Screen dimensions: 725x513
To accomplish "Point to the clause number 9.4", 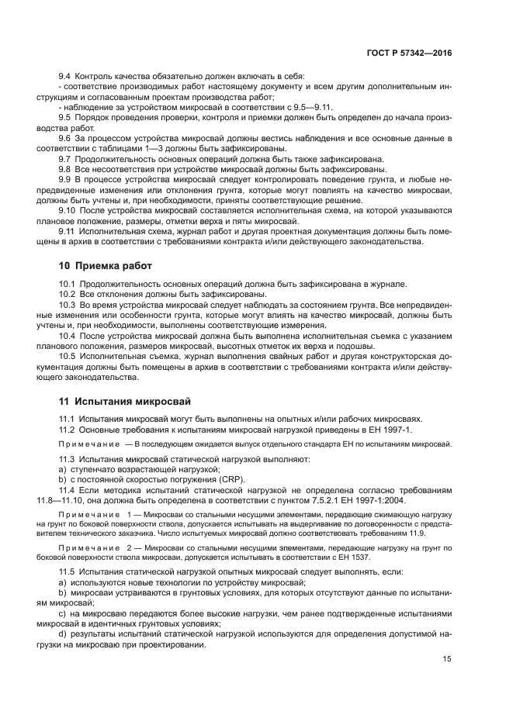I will [x=65, y=75].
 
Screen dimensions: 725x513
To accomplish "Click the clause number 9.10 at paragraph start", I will [x=68, y=209].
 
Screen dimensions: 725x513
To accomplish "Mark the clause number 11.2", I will [x=68, y=430].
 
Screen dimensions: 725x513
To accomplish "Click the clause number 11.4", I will [x=68, y=490].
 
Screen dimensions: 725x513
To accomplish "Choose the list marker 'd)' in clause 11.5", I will [x=64, y=634].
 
